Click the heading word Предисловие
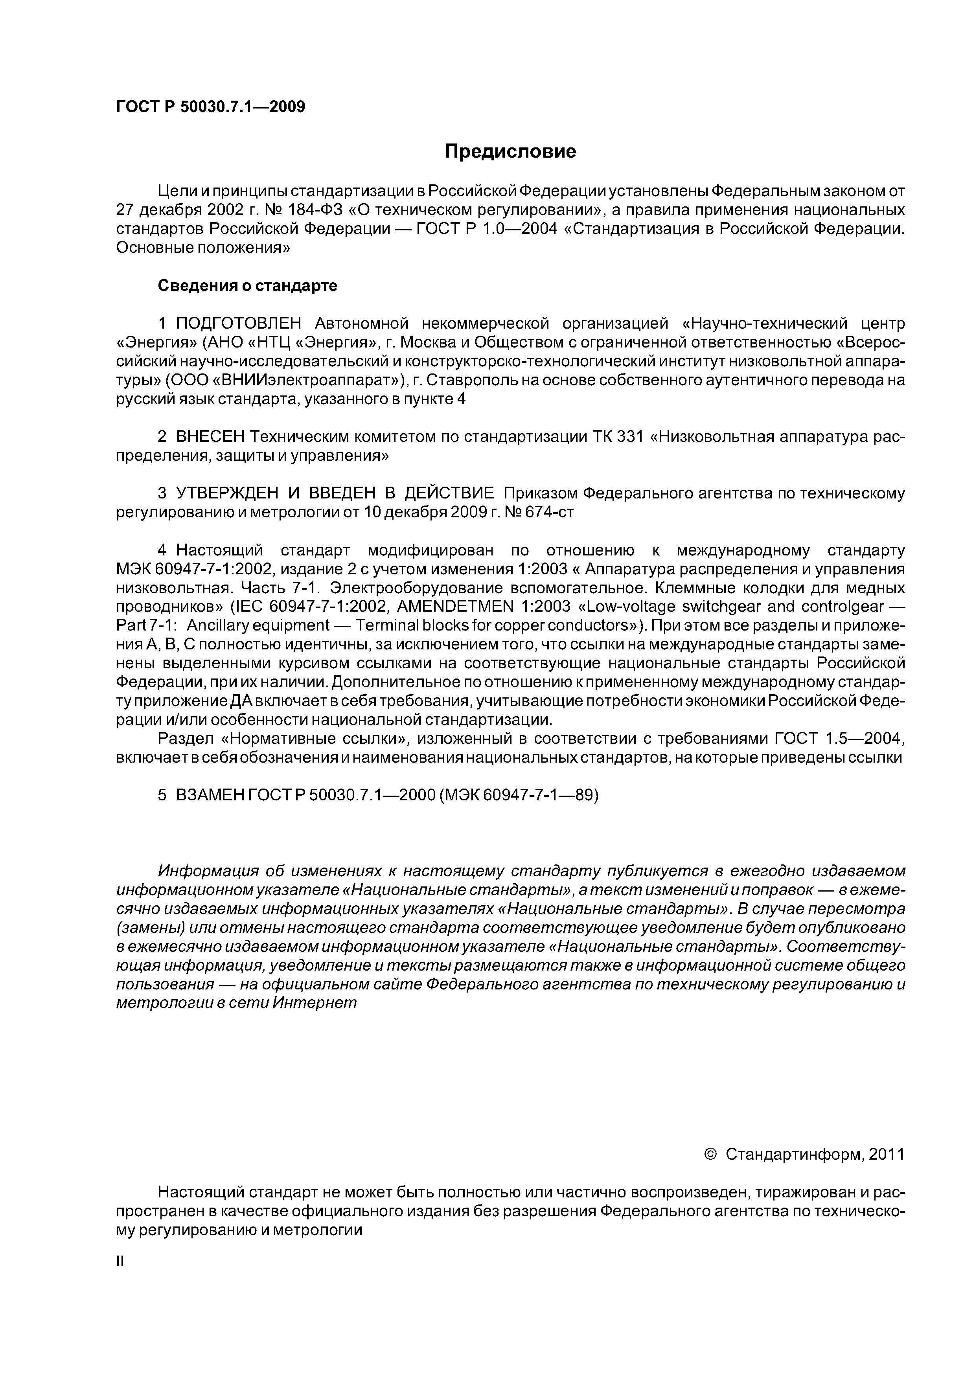[510, 151]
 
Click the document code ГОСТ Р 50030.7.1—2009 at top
[210, 107]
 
